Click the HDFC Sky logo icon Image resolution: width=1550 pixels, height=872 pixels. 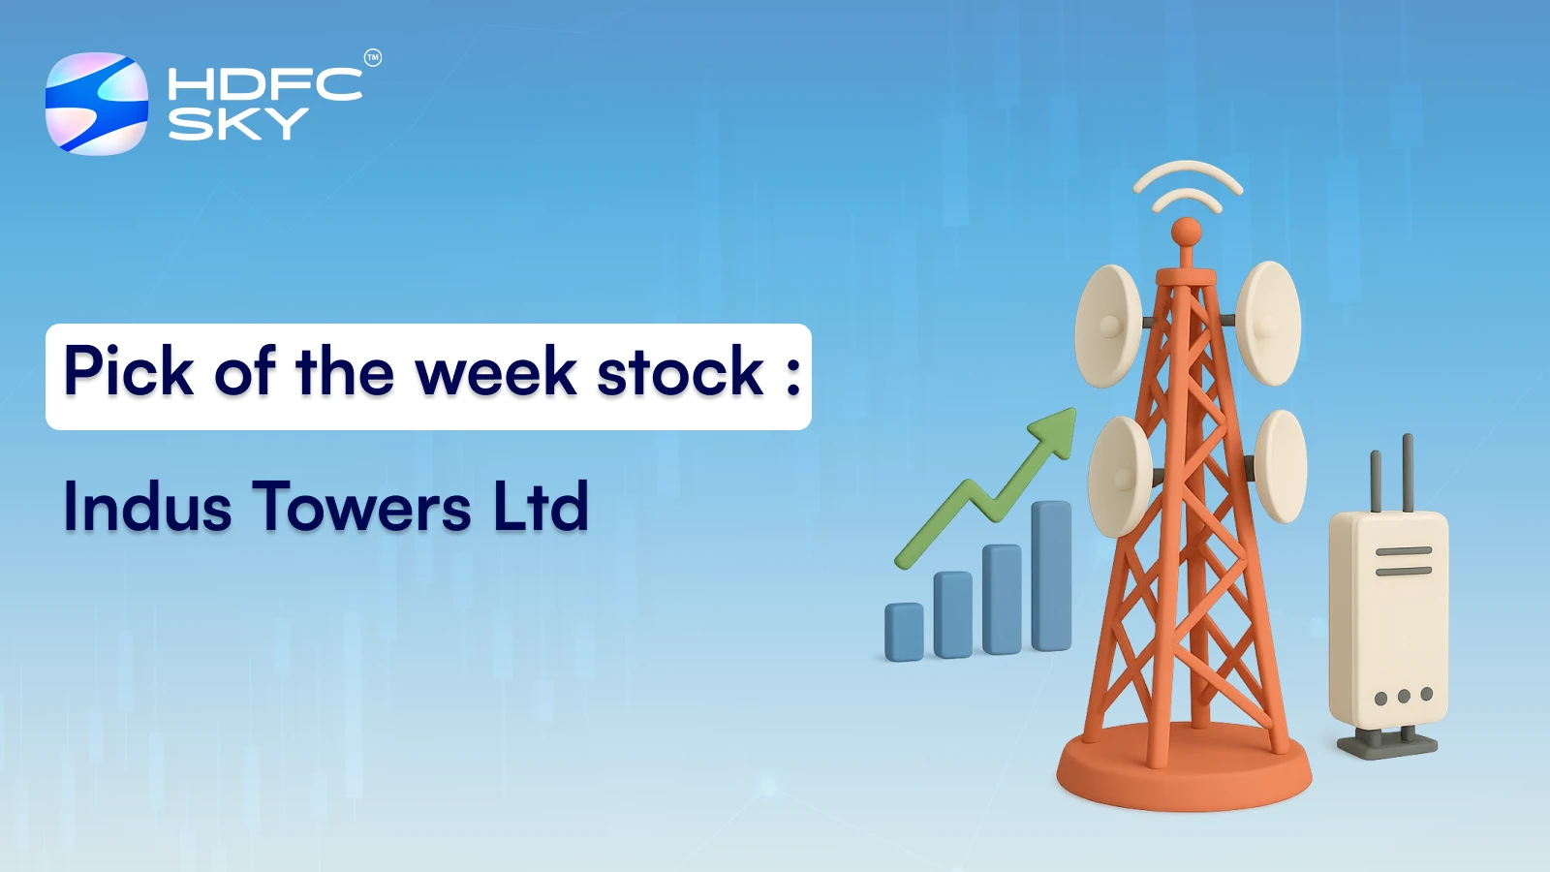(x=97, y=104)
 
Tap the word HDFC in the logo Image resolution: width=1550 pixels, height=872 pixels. (x=263, y=84)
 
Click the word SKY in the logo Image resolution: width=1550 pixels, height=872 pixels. (x=237, y=124)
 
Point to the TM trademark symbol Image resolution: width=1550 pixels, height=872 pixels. (x=372, y=58)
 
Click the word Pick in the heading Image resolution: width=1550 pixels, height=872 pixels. (x=128, y=372)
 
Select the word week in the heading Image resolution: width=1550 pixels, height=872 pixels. (x=495, y=372)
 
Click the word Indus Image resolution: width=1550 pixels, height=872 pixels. (x=147, y=507)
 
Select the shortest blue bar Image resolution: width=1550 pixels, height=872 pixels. (x=904, y=632)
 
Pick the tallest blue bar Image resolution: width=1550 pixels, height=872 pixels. (x=1051, y=576)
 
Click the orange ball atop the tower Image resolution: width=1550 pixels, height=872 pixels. (x=1186, y=233)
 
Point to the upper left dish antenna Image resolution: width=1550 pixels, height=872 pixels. (x=1107, y=327)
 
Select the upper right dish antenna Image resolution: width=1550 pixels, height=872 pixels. (x=1269, y=323)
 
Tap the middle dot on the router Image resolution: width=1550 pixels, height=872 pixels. (x=1403, y=697)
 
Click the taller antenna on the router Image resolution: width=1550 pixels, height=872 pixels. (x=1408, y=473)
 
